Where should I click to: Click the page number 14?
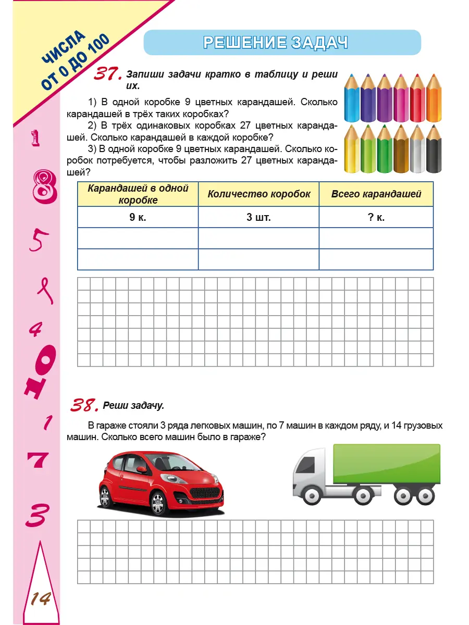[x=40, y=599]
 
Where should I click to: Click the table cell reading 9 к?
[x=138, y=217]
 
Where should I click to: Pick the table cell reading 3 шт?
[x=258, y=217]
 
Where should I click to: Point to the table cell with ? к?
[x=376, y=217]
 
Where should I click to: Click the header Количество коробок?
[x=258, y=194]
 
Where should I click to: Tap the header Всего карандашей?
[x=376, y=194]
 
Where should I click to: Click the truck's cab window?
[x=307, y=464]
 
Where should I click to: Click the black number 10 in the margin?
[x=39, y=372]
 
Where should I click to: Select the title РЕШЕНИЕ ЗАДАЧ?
[x=276, y=43]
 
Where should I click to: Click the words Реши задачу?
[x=133, y=405]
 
